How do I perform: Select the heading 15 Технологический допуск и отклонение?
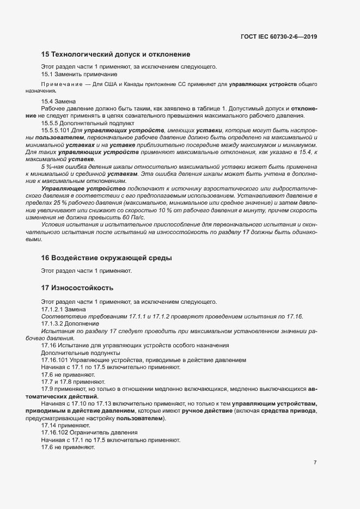point(115,54)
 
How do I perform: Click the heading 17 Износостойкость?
point(77,287)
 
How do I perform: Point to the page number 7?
point(315,462)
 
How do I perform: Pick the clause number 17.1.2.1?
point(52,309)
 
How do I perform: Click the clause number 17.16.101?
point(55,360)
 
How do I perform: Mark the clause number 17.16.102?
point(55,432)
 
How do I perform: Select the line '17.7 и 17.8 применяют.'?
point(73,382)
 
